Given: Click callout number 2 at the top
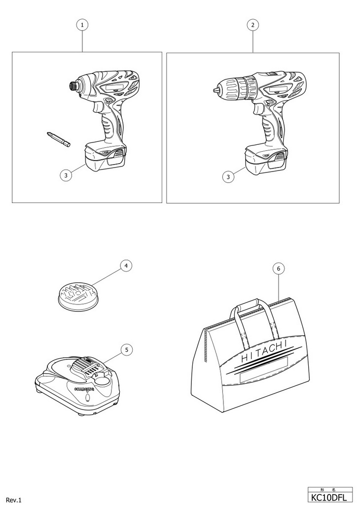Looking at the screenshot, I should (253, 25).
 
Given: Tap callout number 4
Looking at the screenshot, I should (126, 266).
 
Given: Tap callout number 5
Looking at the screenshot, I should (126, 349).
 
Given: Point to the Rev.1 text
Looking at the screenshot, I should (14, 500).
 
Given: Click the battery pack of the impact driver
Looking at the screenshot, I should (105, 158).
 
